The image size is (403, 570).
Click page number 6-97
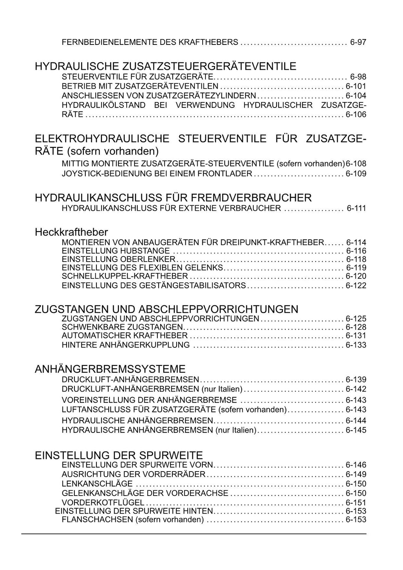click(x=358, y=42)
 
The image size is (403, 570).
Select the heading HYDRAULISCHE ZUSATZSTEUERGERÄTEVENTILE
click(x=165, y=66)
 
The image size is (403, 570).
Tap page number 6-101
click(x=356, y=86)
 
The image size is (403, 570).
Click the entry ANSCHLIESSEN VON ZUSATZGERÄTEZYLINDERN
click(x=159, y=96)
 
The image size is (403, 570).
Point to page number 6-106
click(x=356, y=115)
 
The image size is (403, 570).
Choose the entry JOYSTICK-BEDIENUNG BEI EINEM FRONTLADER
click(x=157, y=174)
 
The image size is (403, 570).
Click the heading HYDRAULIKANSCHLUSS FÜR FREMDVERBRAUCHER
click(x=173, y=197)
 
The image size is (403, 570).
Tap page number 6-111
click(x=356, y=208)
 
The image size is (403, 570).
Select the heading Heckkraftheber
click(x=71, y=232)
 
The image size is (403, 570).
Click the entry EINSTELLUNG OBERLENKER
click(x=118, y=259)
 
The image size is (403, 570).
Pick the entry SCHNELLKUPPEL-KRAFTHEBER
click(x=125, y=276)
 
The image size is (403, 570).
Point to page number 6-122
click(x=356, y=286)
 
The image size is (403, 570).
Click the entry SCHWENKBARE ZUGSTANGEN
click(x=122, y=327)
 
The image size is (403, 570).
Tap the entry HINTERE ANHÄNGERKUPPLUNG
click(x=126, y=345)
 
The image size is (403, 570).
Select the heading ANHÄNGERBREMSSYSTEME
click(x=110, y=369)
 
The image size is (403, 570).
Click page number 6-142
click(x=356, y=389)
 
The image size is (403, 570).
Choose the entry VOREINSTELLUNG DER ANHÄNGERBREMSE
click(x=149, y=400)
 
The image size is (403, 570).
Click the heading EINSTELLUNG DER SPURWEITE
click(x=119, y=456)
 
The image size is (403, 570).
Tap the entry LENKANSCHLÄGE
click(x=97, y=484)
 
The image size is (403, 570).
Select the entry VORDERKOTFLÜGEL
click(x=103, y=503)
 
